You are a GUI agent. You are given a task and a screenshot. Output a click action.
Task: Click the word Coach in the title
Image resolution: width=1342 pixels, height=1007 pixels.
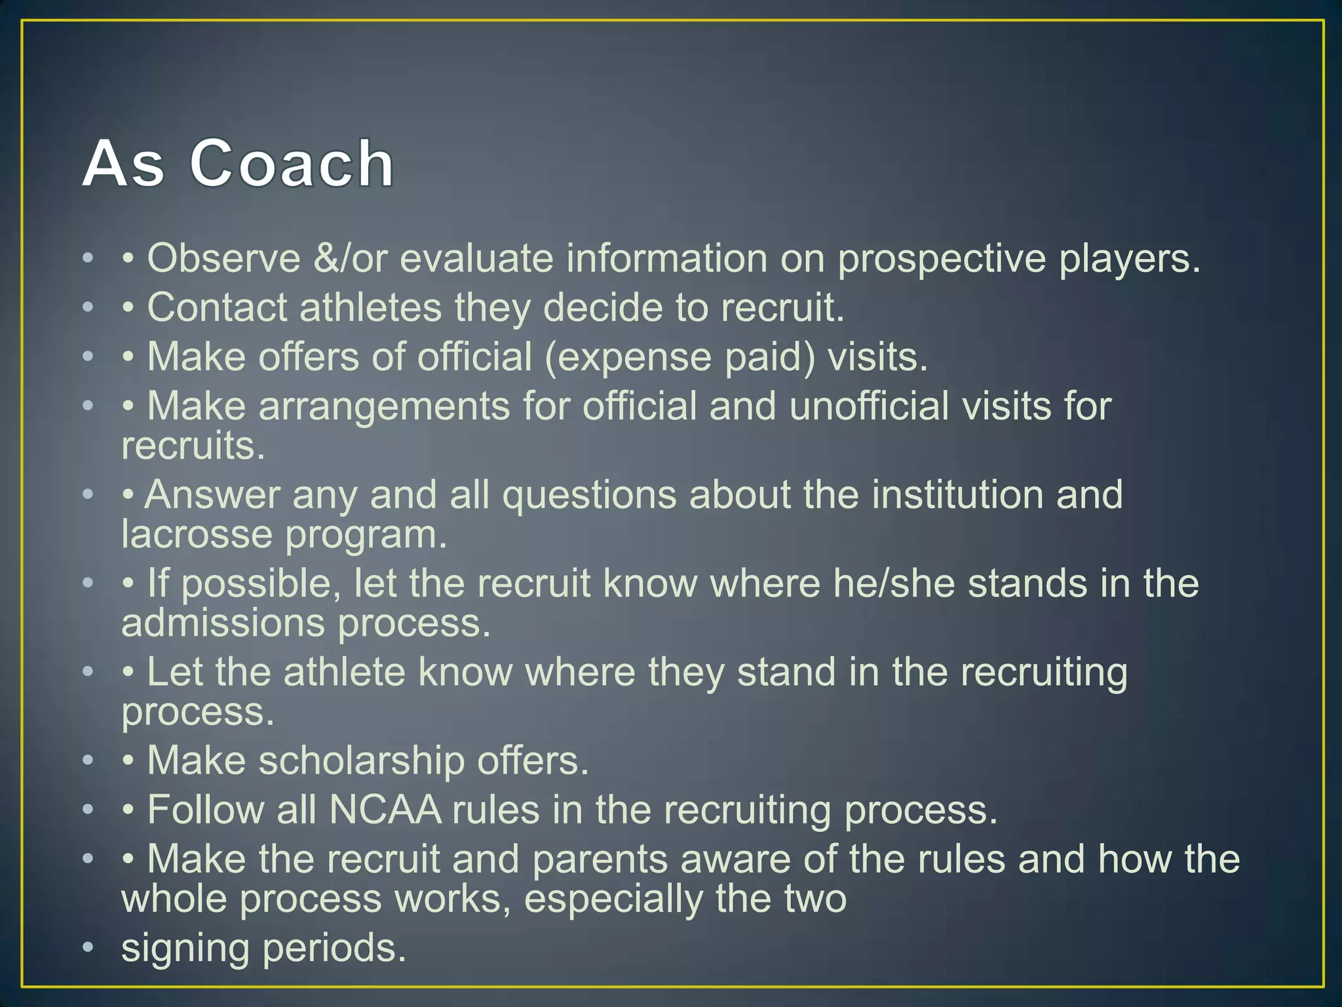point(292,164)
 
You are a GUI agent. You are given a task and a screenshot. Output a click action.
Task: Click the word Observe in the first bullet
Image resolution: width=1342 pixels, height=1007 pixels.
point(223,258)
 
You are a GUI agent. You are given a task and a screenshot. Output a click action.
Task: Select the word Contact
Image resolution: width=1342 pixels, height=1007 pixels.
point(217,307)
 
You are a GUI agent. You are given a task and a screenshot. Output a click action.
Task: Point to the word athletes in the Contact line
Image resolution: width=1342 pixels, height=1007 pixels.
point(370,307)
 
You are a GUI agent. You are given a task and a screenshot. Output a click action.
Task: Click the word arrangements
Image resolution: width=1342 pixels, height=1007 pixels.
point(384,406)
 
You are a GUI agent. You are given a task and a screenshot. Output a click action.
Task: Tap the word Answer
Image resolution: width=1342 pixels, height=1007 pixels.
point(212,495)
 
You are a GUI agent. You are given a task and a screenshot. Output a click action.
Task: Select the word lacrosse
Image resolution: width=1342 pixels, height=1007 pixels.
point(197,534)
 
